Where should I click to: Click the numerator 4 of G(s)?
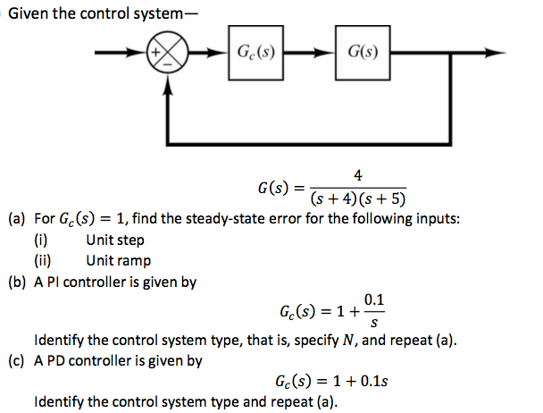[x=357, y=176]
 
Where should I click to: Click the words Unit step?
[x=115, y=240]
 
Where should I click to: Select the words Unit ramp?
[x=119, y=260]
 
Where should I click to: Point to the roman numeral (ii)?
[x=42, y=260]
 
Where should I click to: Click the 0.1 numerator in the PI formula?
[x=374, y=301]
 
